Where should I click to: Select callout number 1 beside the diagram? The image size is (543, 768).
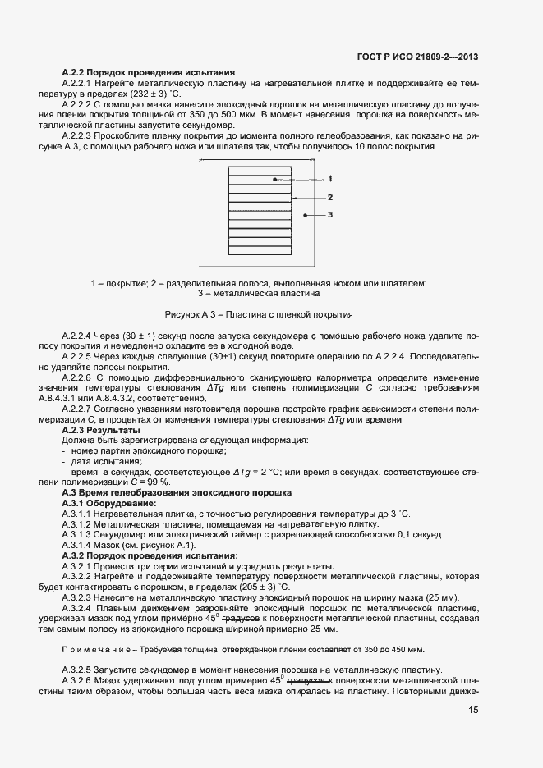click(329, 178)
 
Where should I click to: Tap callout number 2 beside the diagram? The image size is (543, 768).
click(329, 197)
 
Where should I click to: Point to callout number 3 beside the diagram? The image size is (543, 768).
click(329, 215)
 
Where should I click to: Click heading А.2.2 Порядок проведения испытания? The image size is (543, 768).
click(149, 73)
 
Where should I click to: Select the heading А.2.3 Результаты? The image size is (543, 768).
click(101, 430)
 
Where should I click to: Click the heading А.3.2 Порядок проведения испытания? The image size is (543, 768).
click(150, 555)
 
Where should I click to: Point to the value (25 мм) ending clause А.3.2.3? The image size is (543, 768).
click(442, 597)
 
